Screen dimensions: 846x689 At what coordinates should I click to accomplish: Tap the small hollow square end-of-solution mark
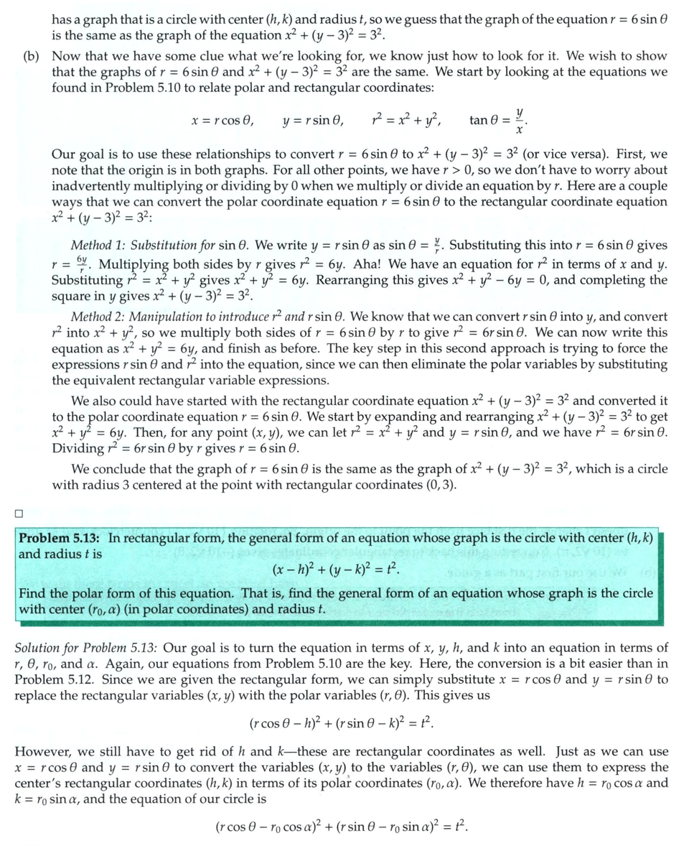click(x=19, y=513)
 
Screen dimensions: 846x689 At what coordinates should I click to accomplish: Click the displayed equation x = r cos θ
click(x=222, y=121)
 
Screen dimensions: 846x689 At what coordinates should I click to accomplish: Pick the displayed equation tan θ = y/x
click(x=500, y=119)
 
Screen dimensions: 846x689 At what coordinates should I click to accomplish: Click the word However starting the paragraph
click(x=42, y=752)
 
